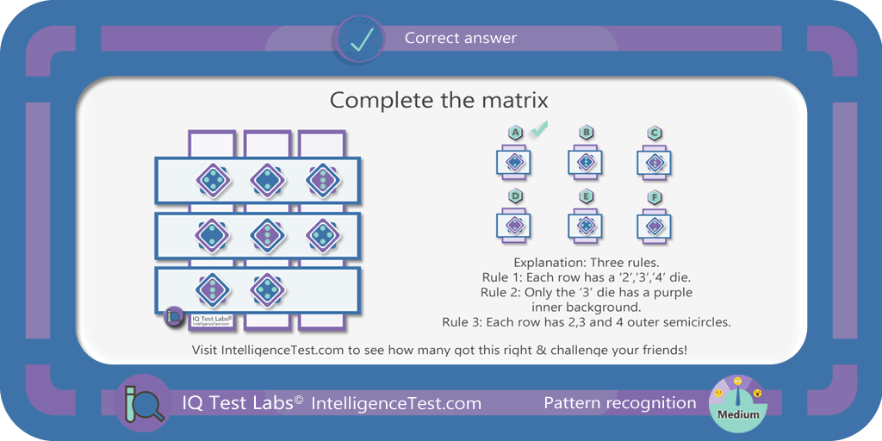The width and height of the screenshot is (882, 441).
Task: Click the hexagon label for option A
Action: (x=515, y=133)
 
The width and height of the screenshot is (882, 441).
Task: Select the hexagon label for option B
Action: (x=586, y=133)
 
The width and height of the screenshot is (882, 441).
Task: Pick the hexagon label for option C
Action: (x=654, y=133)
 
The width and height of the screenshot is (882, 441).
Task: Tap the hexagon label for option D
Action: (x=515, y=197)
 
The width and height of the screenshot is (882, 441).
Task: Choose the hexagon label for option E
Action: (x=586, y=197)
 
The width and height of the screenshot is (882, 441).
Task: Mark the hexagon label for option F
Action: (x=654, y=197)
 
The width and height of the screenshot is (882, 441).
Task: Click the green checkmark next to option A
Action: (x=540, y=129)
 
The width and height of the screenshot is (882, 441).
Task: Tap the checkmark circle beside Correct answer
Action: (x=361, y=38)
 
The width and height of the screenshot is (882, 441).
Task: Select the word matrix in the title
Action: (x=517, y=100)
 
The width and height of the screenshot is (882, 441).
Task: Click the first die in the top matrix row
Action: (x=214, y=181)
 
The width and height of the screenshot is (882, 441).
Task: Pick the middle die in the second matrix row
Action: (x=268, y=235)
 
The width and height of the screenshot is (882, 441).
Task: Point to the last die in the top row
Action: (x=324, y=181)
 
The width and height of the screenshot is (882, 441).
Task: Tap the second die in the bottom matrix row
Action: (x=268, y=289)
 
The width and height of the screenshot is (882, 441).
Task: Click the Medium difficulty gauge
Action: (x=738, y=403)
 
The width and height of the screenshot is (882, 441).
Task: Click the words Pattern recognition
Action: (x=620, y=403)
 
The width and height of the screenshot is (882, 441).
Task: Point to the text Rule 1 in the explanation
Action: (x=500, y=277)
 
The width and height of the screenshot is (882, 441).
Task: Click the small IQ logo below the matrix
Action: (x=174, y=317)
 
